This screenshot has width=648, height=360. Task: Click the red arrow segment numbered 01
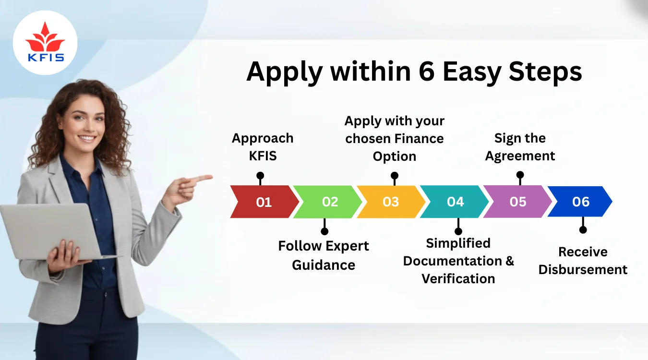click(263, 202)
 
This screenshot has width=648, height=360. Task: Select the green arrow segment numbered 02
click(329, 202)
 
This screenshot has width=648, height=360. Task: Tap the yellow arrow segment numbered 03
click(390, 202)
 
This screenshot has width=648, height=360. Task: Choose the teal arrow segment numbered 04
click(455, 202)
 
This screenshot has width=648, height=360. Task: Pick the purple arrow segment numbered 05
click(517, 202)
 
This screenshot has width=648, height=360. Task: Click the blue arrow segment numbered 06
click(580, 202)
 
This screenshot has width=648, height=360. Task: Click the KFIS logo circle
click(45, 42)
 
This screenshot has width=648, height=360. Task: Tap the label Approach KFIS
click(263, 147)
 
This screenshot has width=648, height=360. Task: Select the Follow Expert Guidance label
click(324, 255)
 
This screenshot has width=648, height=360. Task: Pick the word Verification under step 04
click(458, 278)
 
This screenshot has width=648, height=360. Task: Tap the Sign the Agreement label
click(520, 147)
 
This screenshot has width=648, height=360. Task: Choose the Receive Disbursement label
click(583, 261)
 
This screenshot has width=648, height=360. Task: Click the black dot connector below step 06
click(583, 229)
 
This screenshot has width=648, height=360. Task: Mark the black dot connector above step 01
click(260, 176)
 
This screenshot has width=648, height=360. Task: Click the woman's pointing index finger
click(204, 178)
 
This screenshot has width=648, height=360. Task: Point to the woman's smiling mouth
click(87, 139)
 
